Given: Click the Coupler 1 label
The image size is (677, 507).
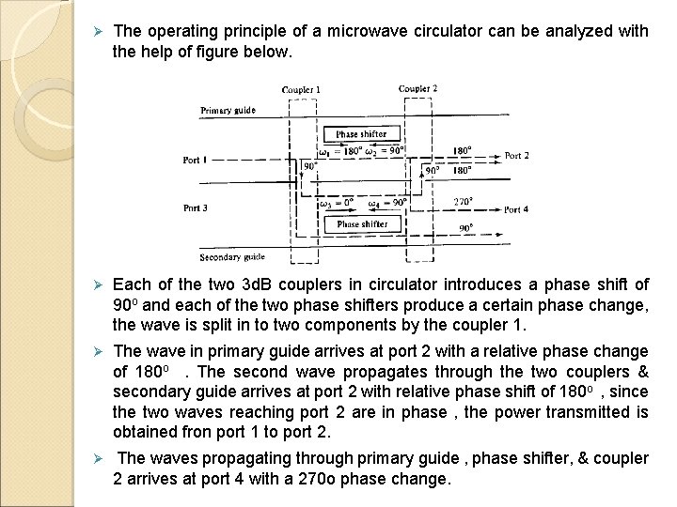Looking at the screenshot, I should [x=301, y=90].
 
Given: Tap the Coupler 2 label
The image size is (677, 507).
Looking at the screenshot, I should [x=418, y=89].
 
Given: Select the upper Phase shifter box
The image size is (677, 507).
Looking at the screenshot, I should [x=361, y=133].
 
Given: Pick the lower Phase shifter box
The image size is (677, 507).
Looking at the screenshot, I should [x=361, y=224].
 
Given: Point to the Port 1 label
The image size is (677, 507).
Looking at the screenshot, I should [x=196, y=160].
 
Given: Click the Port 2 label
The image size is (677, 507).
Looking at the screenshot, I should [x=518, y=155].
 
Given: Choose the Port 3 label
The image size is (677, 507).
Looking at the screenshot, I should [x=196, y=208].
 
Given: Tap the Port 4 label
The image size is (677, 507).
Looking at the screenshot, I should [x=518, y=208].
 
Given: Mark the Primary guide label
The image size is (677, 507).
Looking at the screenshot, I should [x=227, y=111].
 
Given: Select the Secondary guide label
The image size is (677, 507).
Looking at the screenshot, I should [x=232, y=256].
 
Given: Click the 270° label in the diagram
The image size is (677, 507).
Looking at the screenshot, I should [x=463, y=200].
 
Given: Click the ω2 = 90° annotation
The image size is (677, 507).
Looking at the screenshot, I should [x=386, y=151].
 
